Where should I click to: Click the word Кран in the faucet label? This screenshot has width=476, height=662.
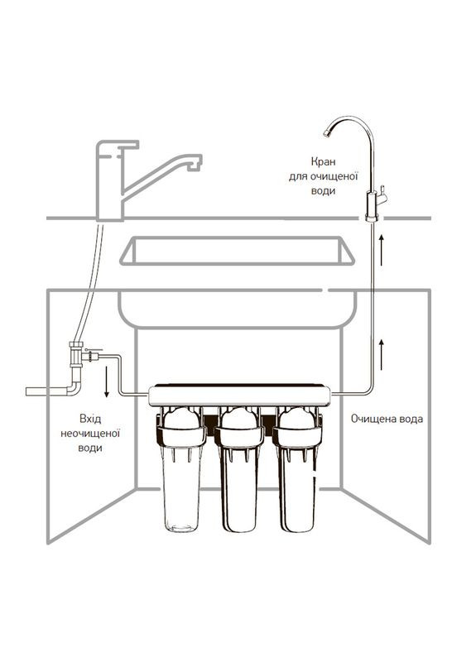323,161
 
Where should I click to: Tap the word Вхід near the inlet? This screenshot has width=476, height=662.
90,419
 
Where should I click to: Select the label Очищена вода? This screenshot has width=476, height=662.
387,419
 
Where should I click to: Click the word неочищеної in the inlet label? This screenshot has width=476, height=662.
90,434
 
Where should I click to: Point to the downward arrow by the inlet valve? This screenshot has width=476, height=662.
107,381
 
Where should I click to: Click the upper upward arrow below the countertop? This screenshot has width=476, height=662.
382,251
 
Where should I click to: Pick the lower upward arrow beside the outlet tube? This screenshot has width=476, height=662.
382,355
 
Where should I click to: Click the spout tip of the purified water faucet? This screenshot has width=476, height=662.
327,133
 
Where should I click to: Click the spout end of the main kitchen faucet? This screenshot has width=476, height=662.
195,163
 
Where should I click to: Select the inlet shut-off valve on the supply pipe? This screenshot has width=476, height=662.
92,356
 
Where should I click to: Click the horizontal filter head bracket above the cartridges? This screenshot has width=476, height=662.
239,395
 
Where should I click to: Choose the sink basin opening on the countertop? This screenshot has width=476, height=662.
237,251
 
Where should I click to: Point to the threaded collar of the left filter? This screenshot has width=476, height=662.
181,438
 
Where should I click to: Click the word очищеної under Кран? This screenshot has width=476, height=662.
334,176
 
